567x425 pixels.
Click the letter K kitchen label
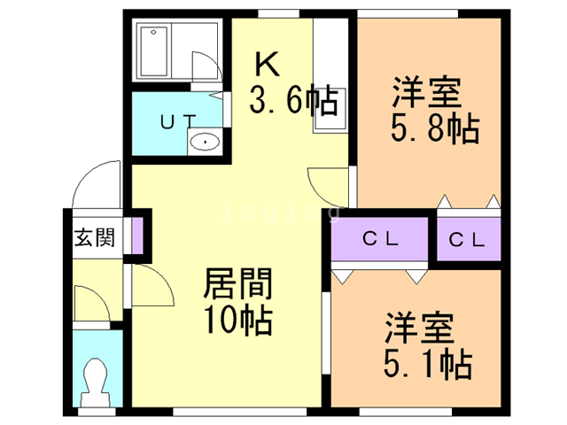point(268,64)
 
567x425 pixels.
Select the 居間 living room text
point(237,286)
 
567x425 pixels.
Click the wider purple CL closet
point(382,238)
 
